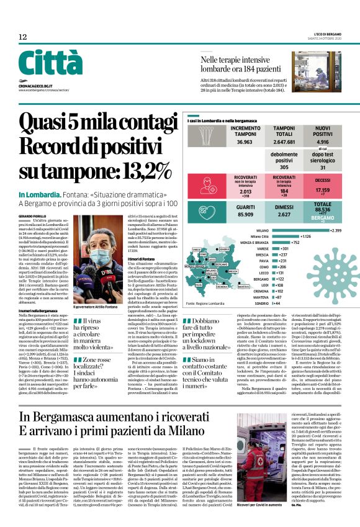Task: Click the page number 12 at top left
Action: tap(22, 37)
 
